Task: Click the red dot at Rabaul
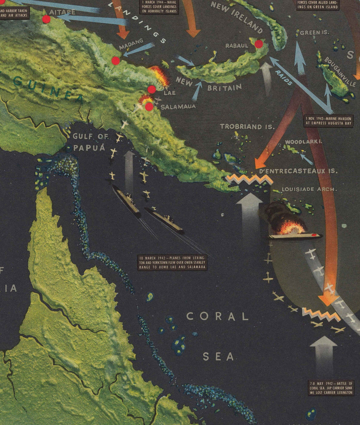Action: (x=259, y=44)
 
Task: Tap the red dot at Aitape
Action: (x=46, y=19)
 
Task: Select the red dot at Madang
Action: (x=116, y=61)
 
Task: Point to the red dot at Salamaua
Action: (x=149, y=107)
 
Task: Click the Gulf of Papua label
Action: (x=90, y=142)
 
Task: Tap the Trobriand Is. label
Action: (x=247, y=127)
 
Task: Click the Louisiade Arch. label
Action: (x=309, y=189)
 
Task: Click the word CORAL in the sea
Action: (x=218, y=316)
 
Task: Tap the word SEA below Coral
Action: (x=218, y=356)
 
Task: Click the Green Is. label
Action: (x=314, y=33)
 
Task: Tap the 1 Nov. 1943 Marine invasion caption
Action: (x=329, y=121)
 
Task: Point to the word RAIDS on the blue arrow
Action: (x=284, y=78)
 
